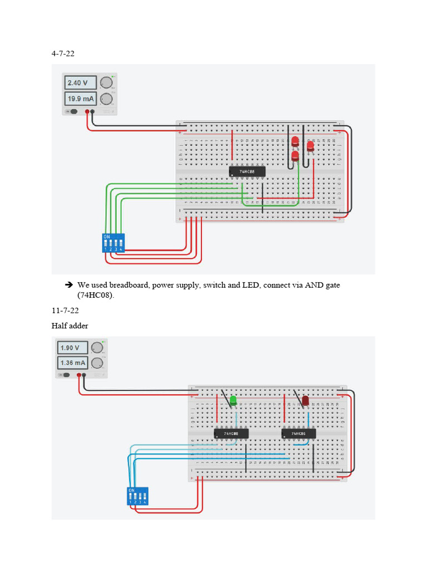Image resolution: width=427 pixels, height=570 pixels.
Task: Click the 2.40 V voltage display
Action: [x=80, y=83]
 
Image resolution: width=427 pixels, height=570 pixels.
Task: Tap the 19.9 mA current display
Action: [x=80, y=100]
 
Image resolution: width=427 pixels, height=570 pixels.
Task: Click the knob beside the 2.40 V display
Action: [x=107, y=83]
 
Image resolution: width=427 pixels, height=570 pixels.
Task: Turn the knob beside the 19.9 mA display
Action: [x=107, y=100]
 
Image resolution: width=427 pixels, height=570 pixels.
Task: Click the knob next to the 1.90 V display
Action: [x=97, y=348]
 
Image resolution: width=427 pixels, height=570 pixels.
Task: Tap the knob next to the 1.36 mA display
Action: [x=97, y=363]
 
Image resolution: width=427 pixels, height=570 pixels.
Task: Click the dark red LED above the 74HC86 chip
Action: [x=305, y=401]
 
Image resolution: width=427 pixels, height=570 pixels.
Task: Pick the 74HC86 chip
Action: [x=299, y=433]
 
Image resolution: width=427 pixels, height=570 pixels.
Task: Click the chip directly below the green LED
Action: [x=231, y=433]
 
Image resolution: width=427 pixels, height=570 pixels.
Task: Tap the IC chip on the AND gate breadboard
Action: [x=247, y=172]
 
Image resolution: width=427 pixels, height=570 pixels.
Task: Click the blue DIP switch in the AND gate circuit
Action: [x=113, y=243]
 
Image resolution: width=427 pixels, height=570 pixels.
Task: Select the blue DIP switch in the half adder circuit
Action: [x=138, y=495]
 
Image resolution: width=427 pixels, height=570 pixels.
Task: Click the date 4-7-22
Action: [x=63, y=54]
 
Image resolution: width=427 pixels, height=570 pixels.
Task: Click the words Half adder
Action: [x=70, y=326]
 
